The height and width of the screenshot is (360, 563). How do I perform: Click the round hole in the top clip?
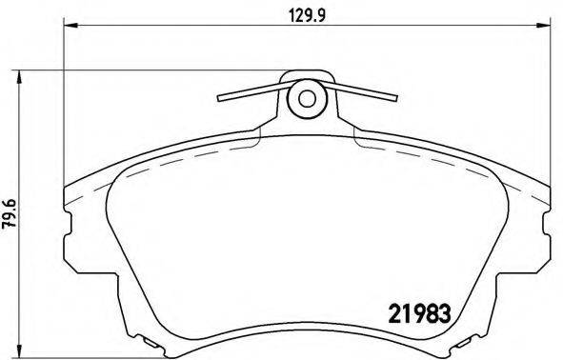pos(307,98)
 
